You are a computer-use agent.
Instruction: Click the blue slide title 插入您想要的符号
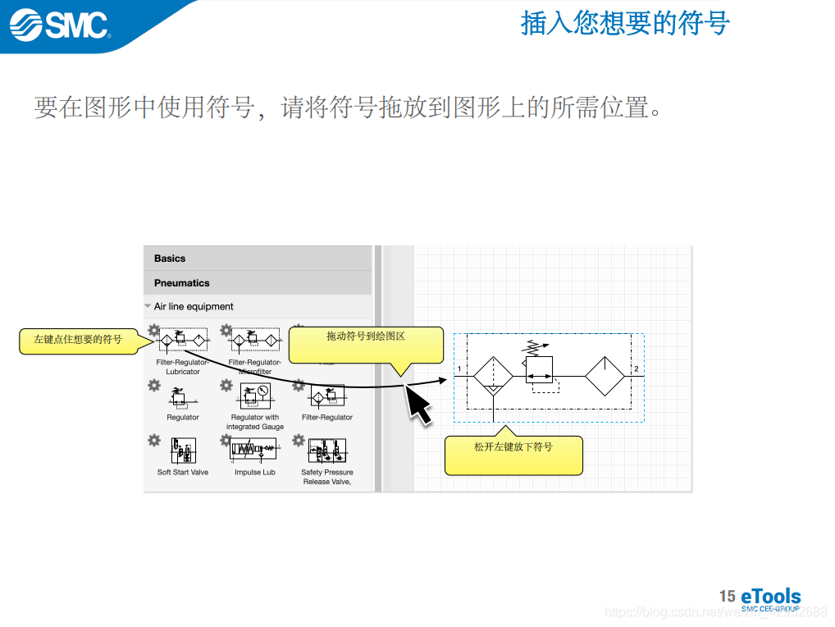(x=624, y=24)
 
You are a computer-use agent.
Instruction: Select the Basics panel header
(x=170, y=259)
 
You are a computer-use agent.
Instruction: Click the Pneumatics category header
(x=181, y=283)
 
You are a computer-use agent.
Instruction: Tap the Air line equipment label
(x=194, y=307)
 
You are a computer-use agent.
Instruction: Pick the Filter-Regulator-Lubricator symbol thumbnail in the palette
(x=183, y=340)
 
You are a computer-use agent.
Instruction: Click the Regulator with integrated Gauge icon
(x=255, y=396)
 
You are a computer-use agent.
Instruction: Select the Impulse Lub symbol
(x=254, y=450)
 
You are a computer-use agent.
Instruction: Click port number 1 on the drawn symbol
(x=459, y=368)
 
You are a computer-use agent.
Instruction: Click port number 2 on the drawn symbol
(x=636, y=368)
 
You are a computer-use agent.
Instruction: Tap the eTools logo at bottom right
(x=770, y=597)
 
